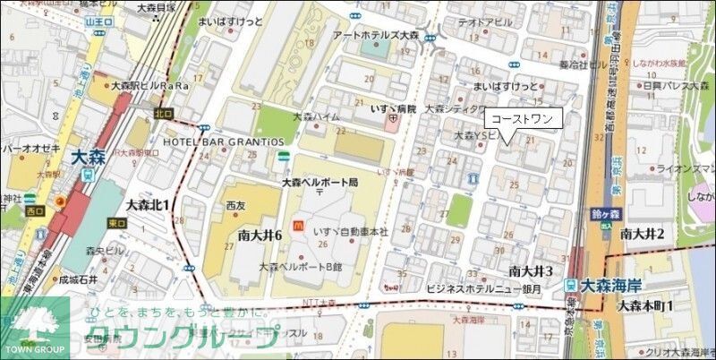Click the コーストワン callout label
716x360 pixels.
(523, 118)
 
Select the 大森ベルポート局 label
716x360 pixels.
(320, 182)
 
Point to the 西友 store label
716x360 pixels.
(235, 205)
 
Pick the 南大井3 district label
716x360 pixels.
(532, 270)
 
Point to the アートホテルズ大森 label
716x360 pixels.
(376, 35)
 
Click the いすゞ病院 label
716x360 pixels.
(394, 108)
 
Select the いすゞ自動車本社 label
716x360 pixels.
(350, 231)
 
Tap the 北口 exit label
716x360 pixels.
(162, 114)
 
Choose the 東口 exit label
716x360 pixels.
(116, 223)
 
